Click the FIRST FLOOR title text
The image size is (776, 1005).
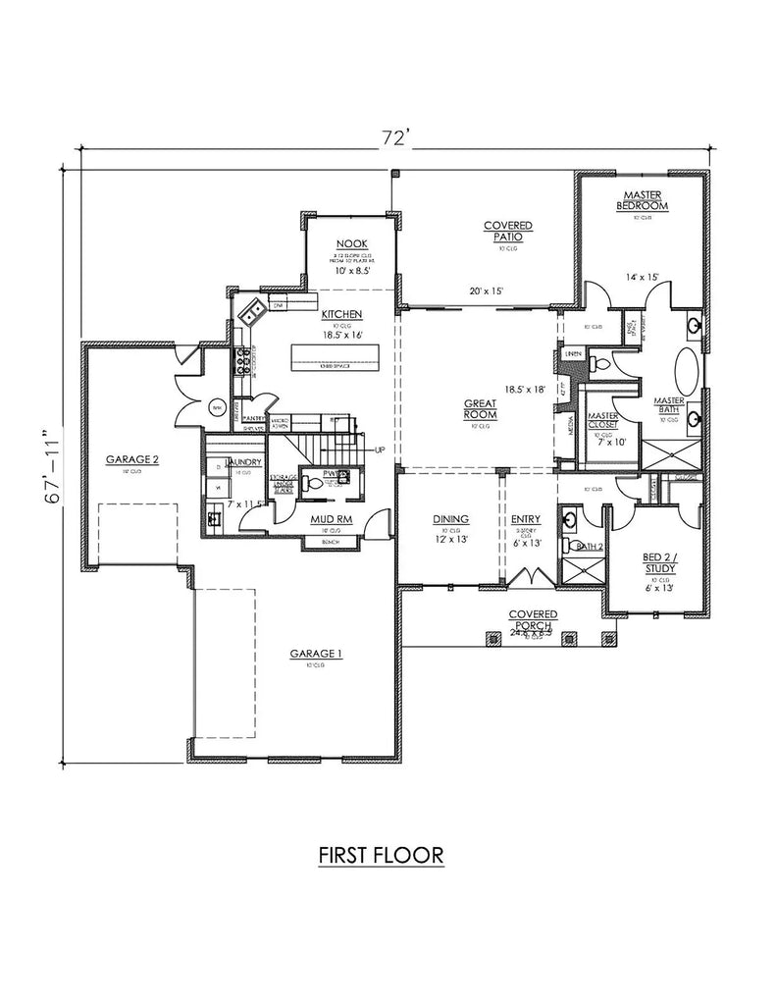[382, 856]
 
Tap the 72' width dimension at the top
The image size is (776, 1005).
[393, 138]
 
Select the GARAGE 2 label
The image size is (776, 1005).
[132, 458]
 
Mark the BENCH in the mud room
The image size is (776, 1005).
[327, 541]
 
